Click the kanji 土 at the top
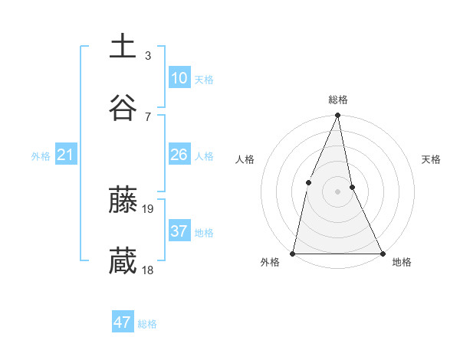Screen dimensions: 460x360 click(x=123, y=46)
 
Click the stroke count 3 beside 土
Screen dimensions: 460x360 click(x=148, y=55)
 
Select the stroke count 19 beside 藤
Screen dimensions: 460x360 click(x=149, y=208)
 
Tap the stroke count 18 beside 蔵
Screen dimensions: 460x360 click(x=149, y=270)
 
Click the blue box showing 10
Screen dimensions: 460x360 click(x=179, y=78)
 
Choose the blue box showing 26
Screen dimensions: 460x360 click(x=179, y=155)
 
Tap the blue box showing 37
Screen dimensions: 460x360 click(x=179, y=231)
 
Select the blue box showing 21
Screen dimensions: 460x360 click(x=66, y=155)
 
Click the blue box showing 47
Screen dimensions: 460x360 click(x=123, y=322)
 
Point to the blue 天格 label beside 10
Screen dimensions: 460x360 click(x=204, y=80)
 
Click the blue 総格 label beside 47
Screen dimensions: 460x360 click(x=147, y=324)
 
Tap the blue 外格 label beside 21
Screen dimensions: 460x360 click(x=41, y=156)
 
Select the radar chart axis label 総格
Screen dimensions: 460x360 click(x=337, y=100)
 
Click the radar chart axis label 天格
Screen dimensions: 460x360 click(x=432, y=159)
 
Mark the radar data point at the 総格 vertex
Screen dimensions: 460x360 click(x=337, y=116)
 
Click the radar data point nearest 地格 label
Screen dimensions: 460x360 click(x=382, y=253)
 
